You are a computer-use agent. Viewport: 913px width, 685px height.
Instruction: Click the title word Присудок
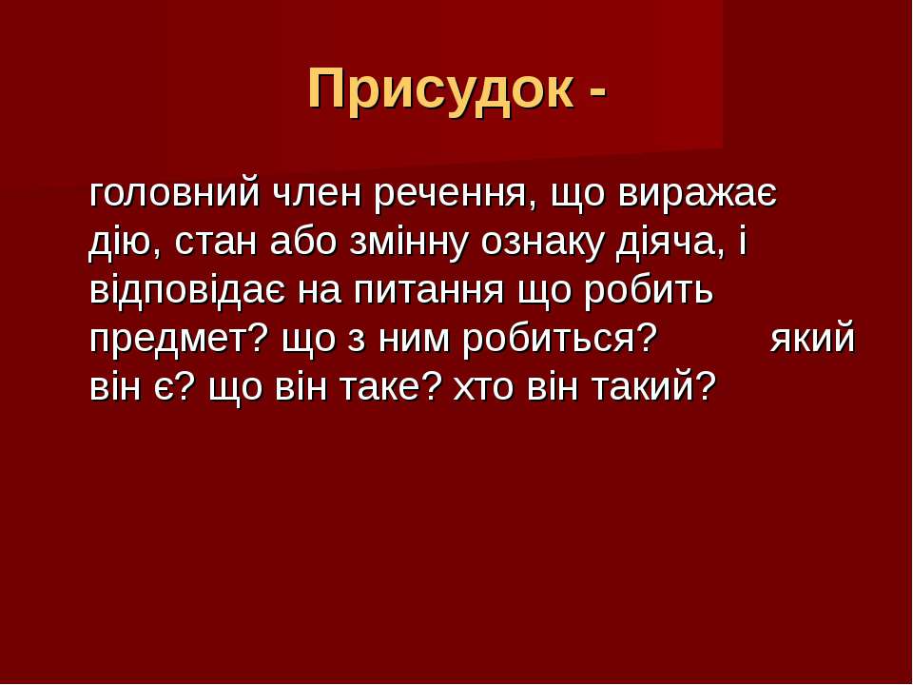441,88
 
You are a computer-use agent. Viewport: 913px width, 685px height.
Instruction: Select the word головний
174,193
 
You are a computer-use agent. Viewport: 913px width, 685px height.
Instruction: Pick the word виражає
697,194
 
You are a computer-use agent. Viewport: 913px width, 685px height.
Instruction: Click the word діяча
671,244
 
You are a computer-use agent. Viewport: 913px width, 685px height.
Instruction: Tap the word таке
388,388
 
